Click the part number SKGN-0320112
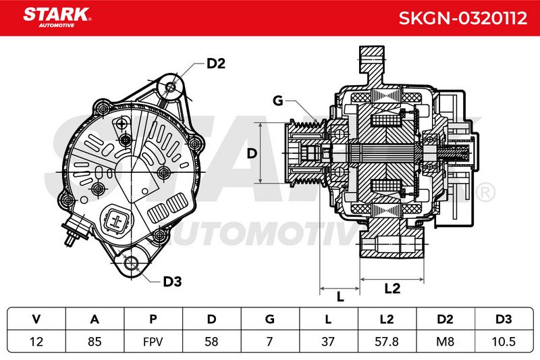[463, 18]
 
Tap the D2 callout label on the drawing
[216, 63]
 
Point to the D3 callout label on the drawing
[172, 282]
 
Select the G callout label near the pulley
[277, 101]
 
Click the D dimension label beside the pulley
[252, 153]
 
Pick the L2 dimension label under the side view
[392, 288]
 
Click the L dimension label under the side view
[340, 297]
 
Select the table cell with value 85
[94, 341]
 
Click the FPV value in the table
[153, 342]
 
